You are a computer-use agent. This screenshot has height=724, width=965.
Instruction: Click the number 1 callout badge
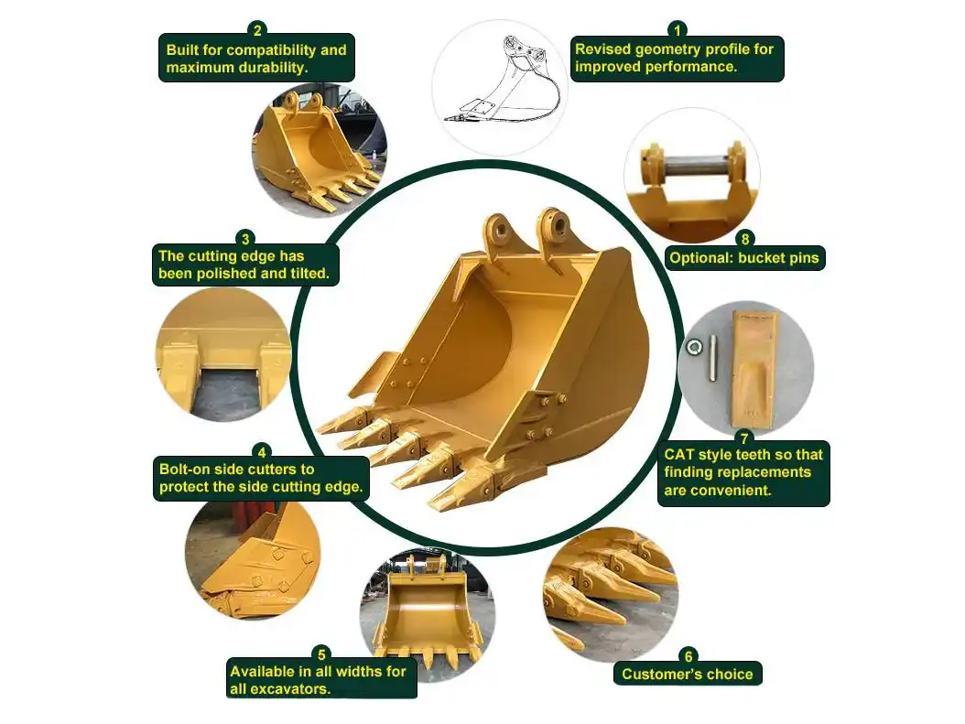[x=678, y=29]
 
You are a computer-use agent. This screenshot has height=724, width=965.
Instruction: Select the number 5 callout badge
[x=320, y=654]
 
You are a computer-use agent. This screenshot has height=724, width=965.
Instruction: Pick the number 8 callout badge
[x=744, y=240]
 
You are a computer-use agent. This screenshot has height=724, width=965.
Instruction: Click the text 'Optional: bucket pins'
[x=743, y=258]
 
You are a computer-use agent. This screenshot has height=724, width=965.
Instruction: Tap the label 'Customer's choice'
[x=688, y=675]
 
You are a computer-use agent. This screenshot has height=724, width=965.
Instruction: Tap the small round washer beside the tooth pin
[x=694, y=347]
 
